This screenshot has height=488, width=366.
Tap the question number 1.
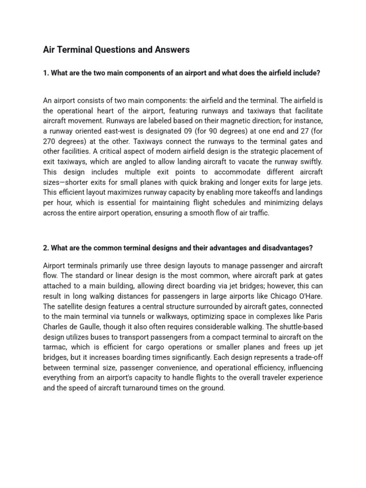45,73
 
